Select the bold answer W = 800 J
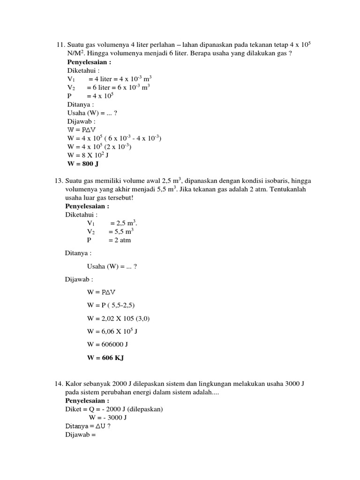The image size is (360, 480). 83,164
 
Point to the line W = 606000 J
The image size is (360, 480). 108,345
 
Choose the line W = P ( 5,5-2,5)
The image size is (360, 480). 111,305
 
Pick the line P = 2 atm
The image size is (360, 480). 109,240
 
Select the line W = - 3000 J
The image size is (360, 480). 108,418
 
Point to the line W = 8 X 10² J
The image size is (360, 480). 89,156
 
